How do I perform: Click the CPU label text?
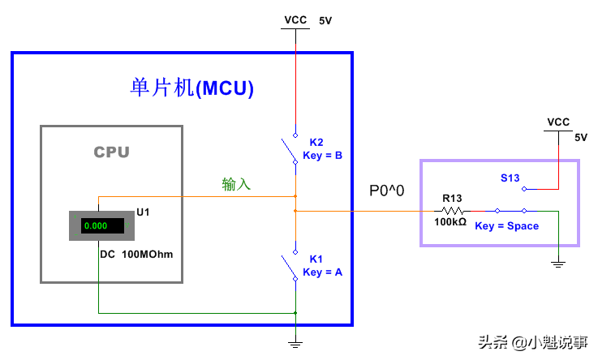(x=111, y=152)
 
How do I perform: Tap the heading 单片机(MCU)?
(x=191, y=88)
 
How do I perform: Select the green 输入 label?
(x=236, y=184)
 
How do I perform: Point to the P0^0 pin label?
(x=387, y=191)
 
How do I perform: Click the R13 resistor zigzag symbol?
(x=452, y=211)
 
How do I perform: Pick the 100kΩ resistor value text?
(x=450, y=222)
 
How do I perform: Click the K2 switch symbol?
(x=290, y=151)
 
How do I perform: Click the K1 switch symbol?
(x=290, y=264)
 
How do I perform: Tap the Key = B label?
(x=322, y=156)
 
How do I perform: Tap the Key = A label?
(x=322, y=272)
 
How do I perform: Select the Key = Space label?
(x=506, y=226)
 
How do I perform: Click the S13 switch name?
(x=510, y=178)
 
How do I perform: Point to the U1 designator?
(x=143, y=212)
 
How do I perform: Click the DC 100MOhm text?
(x=136, y=254)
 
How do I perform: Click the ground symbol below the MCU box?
(x=295, y=344)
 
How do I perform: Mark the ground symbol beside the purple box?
(x=558, y=263)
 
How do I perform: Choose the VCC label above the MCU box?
(x=295, y=19)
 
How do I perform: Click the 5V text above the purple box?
(x=580, y=137)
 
